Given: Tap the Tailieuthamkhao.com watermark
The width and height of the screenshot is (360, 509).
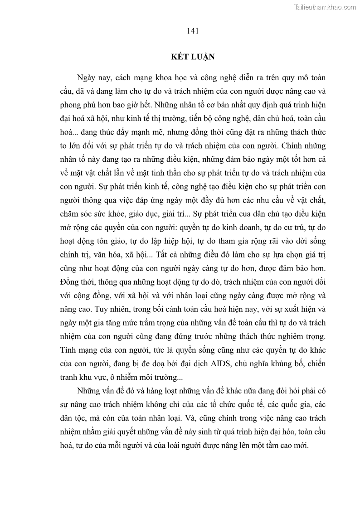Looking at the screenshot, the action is tap(325, 7).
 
